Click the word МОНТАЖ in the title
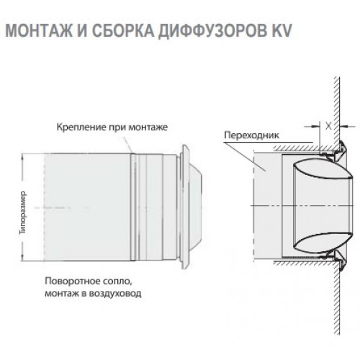(40, 30)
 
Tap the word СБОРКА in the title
(122, 30)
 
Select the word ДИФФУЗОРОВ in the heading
(212, 30)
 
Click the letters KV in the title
(282, 30)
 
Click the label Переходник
(251, 135)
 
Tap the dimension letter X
(328, 126)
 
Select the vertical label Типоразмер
(23, 212)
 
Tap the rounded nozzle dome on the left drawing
(195, 207)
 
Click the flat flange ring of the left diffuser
(186, 207)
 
